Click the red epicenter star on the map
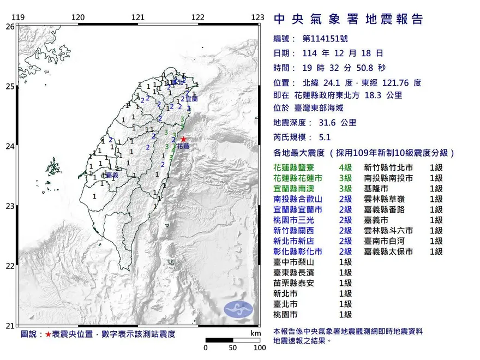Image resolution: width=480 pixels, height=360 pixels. point(183,140)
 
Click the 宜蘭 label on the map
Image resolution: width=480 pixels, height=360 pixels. point(191,99)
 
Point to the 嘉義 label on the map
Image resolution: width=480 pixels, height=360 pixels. point(112,175)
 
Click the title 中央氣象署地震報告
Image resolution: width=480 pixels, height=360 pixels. point(349,19)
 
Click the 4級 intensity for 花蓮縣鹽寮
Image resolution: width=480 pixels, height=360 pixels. point(345,168)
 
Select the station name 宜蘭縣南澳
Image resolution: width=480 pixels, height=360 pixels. point(298,188)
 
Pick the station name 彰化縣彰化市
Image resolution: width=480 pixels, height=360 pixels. point(298,251)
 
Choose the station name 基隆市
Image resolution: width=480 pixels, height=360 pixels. point(376,188)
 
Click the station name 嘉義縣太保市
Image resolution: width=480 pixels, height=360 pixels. point(388,251)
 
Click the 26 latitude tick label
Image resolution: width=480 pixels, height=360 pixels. point(10,26)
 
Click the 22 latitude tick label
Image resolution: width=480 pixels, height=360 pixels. point(10,266)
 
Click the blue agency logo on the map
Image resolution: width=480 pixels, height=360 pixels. point(239,309)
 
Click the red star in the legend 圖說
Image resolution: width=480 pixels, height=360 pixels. point(49,334)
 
